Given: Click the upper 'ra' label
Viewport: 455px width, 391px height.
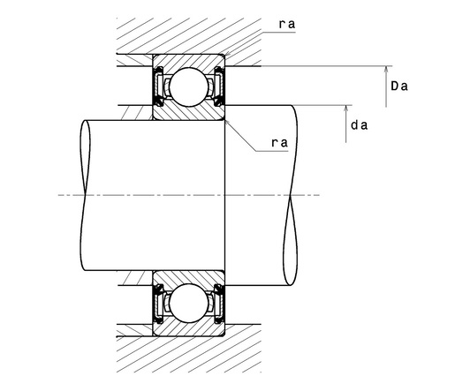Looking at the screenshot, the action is point(287,25).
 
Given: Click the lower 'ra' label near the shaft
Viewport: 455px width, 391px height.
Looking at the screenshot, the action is point(279,143).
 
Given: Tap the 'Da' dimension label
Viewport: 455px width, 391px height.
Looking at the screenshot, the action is point(399,86).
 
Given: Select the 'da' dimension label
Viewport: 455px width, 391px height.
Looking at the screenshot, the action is point(360,125).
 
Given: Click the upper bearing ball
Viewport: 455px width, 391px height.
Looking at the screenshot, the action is point(188,86).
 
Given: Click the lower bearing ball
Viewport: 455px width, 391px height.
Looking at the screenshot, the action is point(188,304).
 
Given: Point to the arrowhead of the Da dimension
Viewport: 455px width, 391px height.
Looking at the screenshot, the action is point(386,69).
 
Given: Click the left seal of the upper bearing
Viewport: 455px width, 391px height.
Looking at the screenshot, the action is point(158,86).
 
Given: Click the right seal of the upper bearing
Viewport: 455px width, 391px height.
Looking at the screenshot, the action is point(219,86).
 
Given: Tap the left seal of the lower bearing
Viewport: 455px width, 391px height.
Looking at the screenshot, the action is point(158,304).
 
